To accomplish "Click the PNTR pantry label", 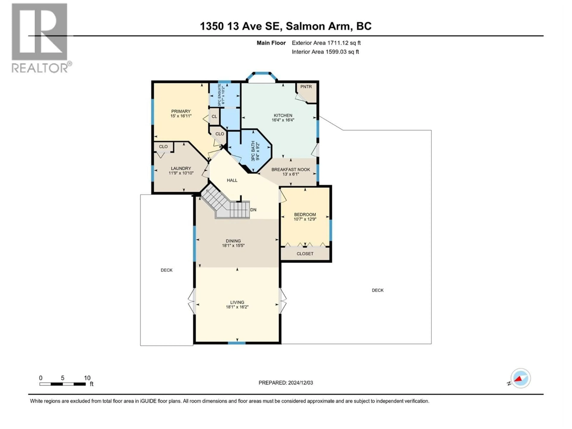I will [x=306, y=87].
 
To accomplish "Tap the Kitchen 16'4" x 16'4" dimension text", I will [x=283, y=120].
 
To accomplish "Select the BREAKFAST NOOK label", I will [x=291, y=169].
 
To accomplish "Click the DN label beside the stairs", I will [x=253, y=210].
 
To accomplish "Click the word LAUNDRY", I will [x=181, y=168].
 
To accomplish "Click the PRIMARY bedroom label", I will [x=181, y=111].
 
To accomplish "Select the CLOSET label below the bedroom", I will [x=305, y=254].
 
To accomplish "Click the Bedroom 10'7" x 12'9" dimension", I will [x=305, y=219].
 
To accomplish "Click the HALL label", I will [x=232, y=180].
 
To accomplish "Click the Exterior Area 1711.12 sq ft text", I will [x=326, y=43].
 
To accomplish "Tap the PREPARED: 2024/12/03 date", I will [x=286, y=383].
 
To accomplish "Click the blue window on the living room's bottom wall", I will [x=236, y=343].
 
